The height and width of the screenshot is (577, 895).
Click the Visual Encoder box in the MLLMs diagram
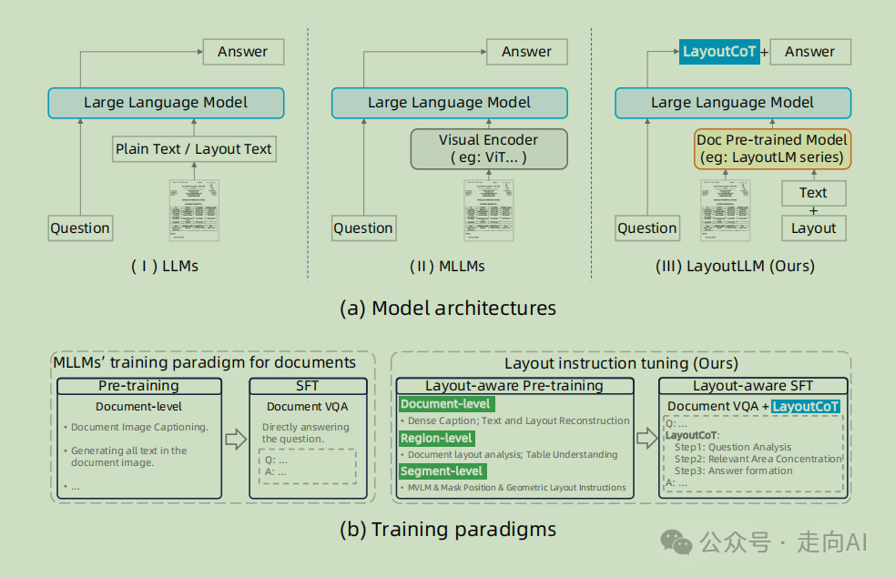[488, 148]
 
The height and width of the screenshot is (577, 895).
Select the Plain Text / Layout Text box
[194, 149]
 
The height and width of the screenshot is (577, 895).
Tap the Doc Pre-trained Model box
[772, 148]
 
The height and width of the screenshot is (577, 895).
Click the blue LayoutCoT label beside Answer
[719, 52]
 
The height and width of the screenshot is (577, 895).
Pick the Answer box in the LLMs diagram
[242, 52]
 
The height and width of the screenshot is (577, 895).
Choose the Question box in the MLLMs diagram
[363, 228]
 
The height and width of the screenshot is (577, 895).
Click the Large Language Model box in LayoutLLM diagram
[732, 103]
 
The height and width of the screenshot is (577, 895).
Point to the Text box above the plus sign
[813, 193]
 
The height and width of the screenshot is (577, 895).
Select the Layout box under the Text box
[813, 228]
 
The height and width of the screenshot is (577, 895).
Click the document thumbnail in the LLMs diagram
[194, 210]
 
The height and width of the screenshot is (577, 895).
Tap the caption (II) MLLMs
[447, 267]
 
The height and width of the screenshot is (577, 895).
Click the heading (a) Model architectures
[447, 308]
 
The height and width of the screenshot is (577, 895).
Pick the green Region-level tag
[437, 439]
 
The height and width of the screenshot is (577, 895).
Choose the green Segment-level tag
[442, 471]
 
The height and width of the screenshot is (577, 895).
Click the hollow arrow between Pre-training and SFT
[236, 440]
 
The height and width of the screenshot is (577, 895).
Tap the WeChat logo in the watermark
[676, 542]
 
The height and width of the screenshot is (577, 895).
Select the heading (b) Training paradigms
[447, 529]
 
